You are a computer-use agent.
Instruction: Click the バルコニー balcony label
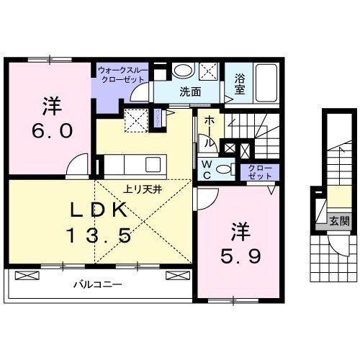click(x=97, y=284)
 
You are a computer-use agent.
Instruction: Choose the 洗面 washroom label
click(x=191, y=91)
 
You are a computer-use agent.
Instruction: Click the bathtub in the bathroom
click(x=266, y=84)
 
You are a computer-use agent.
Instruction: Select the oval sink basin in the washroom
click(x=184, y=71)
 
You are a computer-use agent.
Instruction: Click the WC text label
click(x=204, y=170)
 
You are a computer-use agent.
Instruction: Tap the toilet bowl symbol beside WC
click(x=224, y=170)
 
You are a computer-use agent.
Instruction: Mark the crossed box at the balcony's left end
click(x=24, y=275)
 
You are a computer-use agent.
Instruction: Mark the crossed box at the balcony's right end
click(x=176, y=275)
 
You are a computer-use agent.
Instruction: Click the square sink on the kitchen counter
click(x=134, y=119)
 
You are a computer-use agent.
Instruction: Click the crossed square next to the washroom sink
click(x=210, y=71)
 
